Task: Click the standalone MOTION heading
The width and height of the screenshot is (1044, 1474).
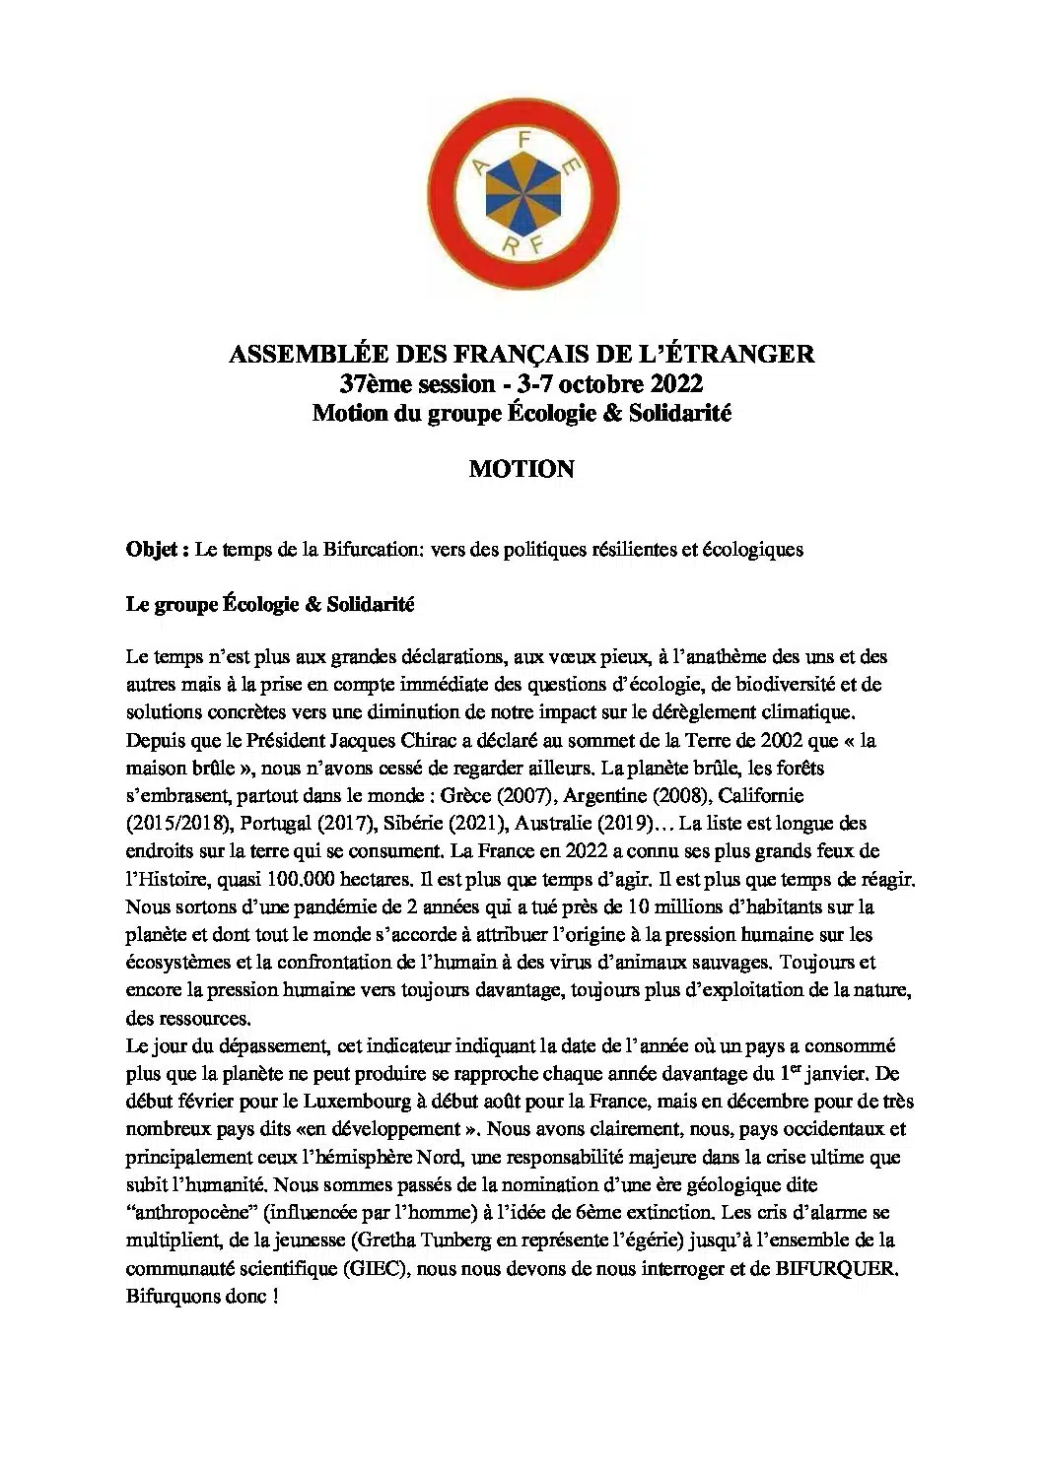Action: point(522,469)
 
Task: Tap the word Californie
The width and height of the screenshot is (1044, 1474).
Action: point(761,795)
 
